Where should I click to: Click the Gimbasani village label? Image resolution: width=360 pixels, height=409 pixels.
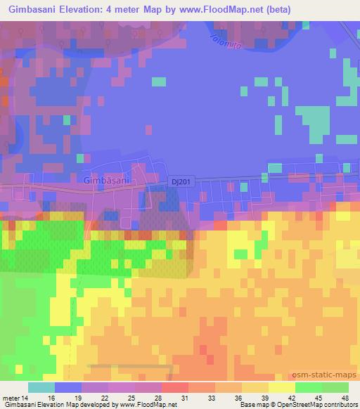tap(106, 180)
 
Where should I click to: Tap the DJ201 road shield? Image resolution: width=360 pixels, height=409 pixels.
tap(181, 181)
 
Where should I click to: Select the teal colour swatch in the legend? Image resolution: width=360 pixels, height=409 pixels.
tap(41, 387)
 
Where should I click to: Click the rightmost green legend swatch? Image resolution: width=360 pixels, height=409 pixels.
tap(335, 387)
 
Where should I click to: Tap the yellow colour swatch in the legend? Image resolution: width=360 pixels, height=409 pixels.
tap(282, 387)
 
